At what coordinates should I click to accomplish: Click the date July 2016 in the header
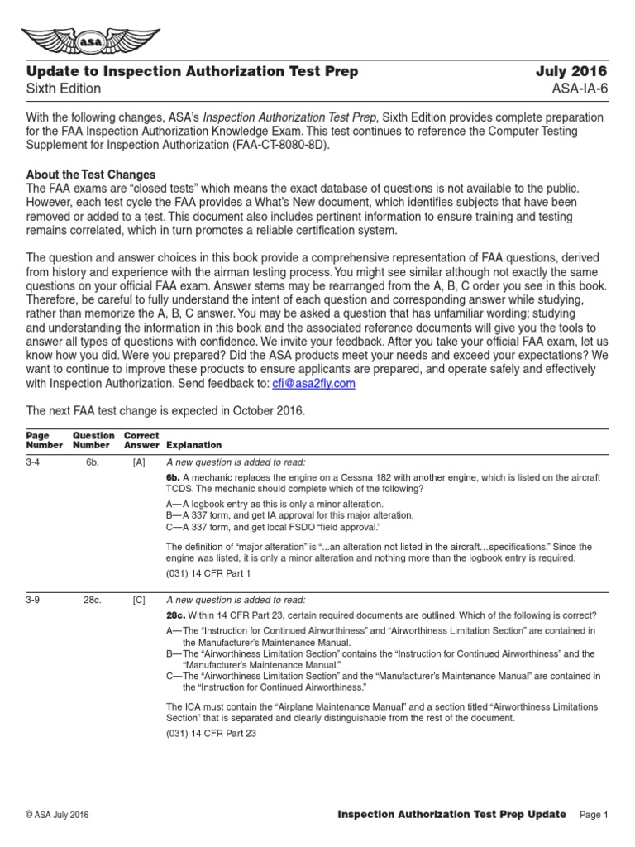571,71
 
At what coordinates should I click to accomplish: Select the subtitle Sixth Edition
64,89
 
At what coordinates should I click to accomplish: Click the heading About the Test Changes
91,175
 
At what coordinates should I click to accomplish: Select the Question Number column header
93,440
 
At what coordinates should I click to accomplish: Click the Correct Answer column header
141,440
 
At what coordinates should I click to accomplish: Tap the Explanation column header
194,445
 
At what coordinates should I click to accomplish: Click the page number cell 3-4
32,462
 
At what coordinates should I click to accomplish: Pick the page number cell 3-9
32,600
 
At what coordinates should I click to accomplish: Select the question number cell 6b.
92,462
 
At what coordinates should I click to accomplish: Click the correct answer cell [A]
139,462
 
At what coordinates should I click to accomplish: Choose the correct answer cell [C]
139,600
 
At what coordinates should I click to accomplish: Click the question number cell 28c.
92,600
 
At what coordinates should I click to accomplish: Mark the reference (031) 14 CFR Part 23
210,734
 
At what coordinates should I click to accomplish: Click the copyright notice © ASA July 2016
56,816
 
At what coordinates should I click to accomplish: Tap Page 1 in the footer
594,816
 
